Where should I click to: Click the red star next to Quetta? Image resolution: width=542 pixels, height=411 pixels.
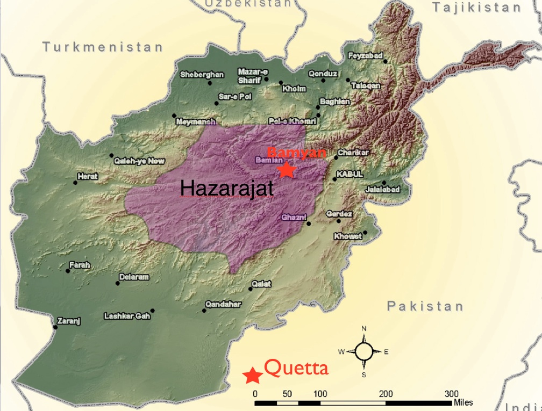coord(252,375)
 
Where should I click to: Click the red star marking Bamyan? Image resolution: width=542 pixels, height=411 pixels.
coord(287,170)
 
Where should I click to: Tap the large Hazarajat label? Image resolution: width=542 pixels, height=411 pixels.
coord(227,189)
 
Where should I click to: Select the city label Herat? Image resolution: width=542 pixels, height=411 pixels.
coord(88,176)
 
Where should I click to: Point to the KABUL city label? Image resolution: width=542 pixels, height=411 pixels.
coord(350,175)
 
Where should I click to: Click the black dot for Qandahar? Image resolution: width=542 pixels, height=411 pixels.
coord(204,310)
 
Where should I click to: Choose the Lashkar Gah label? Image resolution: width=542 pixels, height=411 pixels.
coord(127,316)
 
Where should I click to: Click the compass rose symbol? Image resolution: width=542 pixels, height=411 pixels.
coord(364,351)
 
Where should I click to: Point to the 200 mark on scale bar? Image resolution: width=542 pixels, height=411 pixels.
coord(386,393)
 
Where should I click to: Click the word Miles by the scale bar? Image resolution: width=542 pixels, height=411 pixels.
coord(463,402)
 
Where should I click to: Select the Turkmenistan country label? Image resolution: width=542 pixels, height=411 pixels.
coord(103,47)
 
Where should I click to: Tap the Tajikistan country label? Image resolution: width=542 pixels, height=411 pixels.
coord(476,8)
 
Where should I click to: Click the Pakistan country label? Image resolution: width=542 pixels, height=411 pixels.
coord(425,306)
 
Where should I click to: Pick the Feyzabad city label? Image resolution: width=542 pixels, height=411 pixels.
coord(365,56)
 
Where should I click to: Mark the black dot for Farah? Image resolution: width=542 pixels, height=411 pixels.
coord(68,271)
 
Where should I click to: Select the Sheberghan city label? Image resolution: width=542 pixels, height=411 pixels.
coord(202,75)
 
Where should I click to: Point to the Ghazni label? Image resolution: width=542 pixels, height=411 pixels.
coord(294,217)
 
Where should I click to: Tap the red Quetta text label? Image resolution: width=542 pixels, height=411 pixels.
coord(296,369)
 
